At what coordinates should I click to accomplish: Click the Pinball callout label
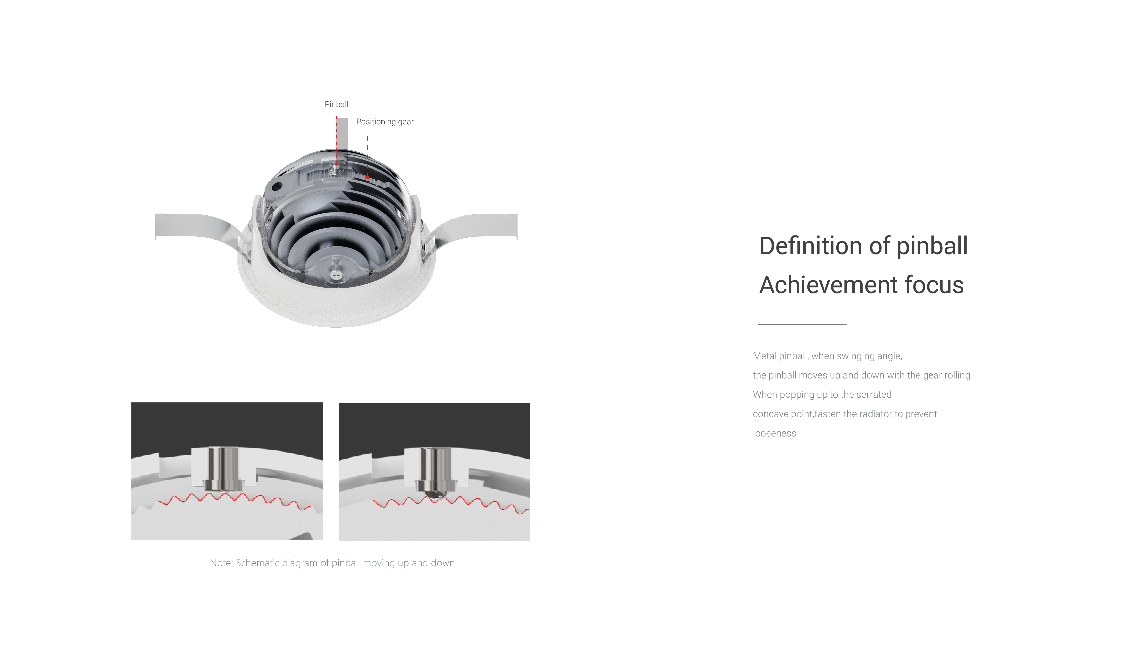click(337, 104)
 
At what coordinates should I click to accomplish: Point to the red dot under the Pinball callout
click(336, 164)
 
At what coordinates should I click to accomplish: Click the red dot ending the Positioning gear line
click(368, 177)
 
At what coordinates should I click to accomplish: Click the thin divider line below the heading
click(802, 324)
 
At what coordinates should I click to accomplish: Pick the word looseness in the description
click(774, 433)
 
